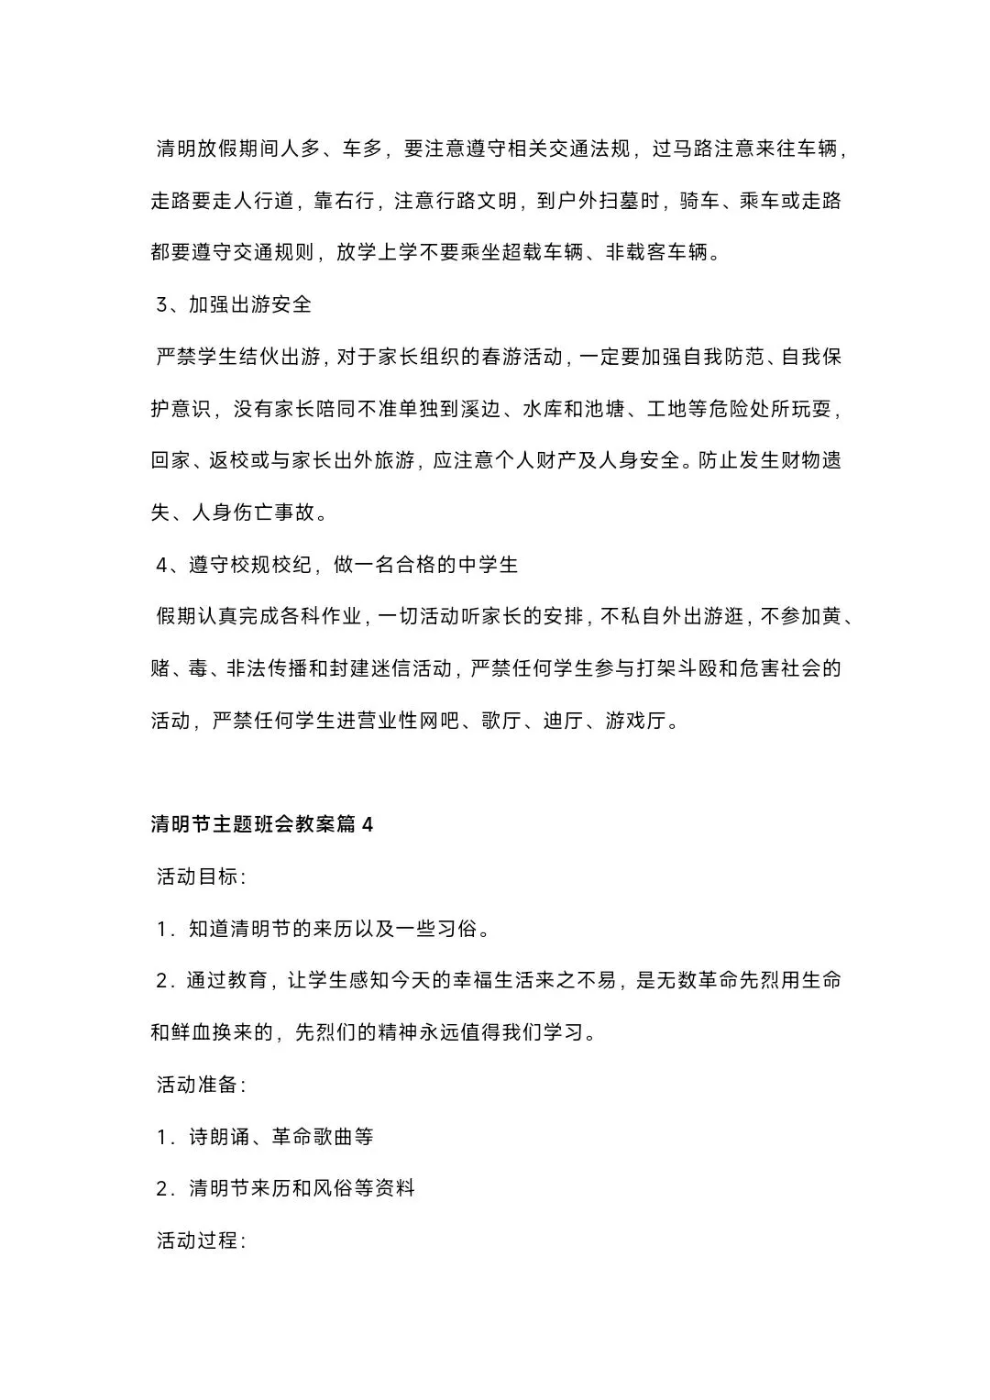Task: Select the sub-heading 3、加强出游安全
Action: pyautogui.click(x=235, y=304)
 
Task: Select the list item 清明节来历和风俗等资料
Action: pyautogui.click(x=302, y=1188)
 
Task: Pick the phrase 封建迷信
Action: pyautogui.click(x=368, y=668)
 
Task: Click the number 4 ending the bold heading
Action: pyautogui.click(x=368, y=824)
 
